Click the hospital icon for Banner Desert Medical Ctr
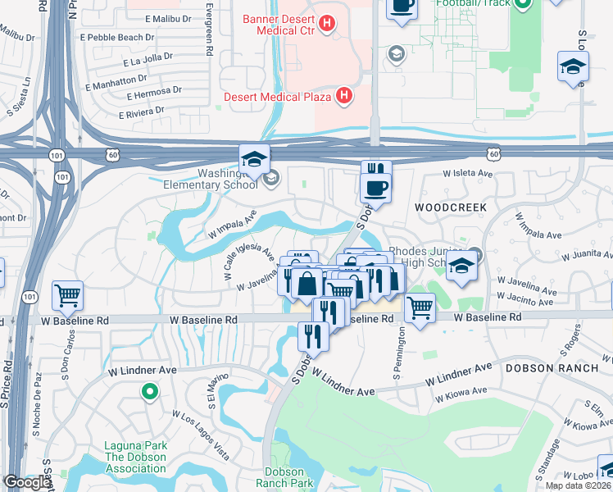(327, 24)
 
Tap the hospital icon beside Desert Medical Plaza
(344, 96)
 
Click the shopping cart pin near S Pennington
(420, 308)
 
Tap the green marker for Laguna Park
(148, 393)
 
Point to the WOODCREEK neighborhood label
(445, 208)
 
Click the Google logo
(26, 483)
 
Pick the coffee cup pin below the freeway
(376, 188)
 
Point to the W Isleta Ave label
(467, 174)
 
